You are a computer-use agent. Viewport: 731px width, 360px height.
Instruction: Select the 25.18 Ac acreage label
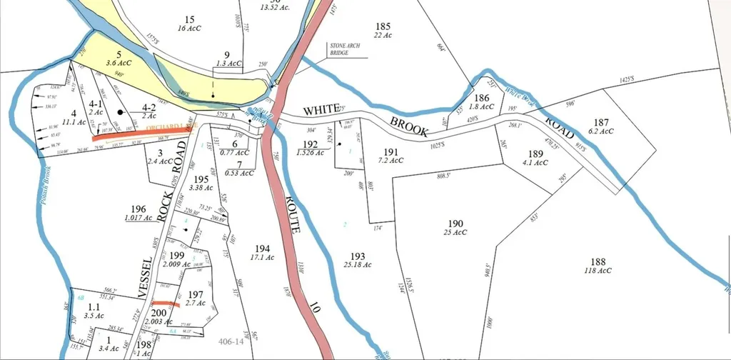tap(358, 265)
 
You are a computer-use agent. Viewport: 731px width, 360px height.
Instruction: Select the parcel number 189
tap(535, 153)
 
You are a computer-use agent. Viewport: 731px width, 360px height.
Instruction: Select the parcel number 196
tap(138, 209)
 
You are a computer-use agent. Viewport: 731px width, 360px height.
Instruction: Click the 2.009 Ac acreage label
tap(177, 264)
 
